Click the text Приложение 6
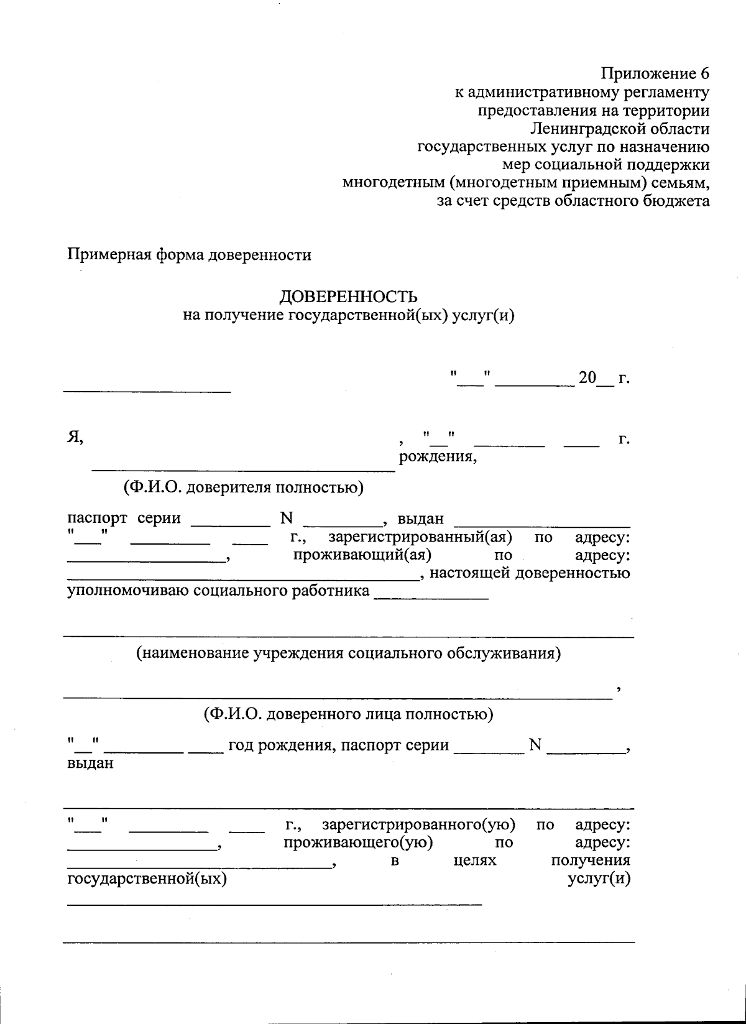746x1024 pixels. pyautogui.click(x=655, y=74)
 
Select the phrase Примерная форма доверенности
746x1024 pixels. pyautogui.click(x=190, y=255)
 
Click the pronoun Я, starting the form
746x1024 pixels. pyautogui.click(x=75, y=438)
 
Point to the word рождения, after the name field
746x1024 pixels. pyautogui.click(x=438, y=458)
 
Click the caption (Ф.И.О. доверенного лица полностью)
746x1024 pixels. pyautogui.click(x=348, y=714)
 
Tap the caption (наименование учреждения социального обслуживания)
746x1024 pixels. pyautogui.click(x=348, y=653)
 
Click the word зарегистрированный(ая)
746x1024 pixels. pyautogui.click(x=420, y=537)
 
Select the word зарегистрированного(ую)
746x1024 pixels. pyautogui.click(x=418, y=825)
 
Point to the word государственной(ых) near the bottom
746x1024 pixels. pyautogui.click(x=147, y=879)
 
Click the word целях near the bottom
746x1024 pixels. pyautogui.click(x=472, y=860)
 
